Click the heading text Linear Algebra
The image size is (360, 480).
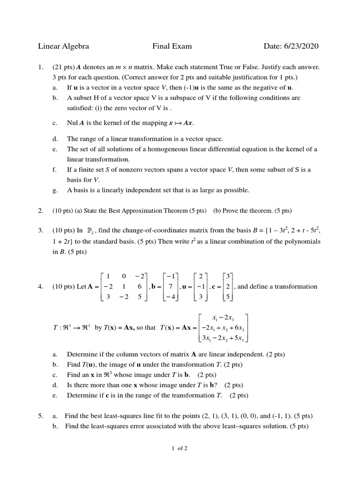point(63,46)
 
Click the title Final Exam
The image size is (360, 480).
point(172,46)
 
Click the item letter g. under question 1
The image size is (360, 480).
point(55,190)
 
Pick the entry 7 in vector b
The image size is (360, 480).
point(171,286)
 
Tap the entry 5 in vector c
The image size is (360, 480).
point(227,297)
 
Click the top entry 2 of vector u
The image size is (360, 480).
point(201,276)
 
